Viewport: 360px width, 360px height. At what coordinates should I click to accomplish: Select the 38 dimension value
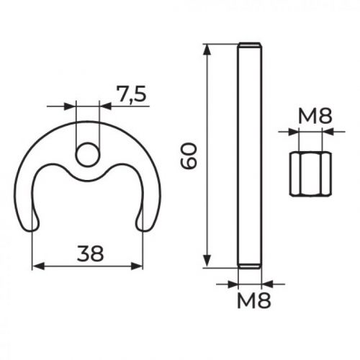coord(89,253)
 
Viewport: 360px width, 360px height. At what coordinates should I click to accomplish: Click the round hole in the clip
coord(87,153)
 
